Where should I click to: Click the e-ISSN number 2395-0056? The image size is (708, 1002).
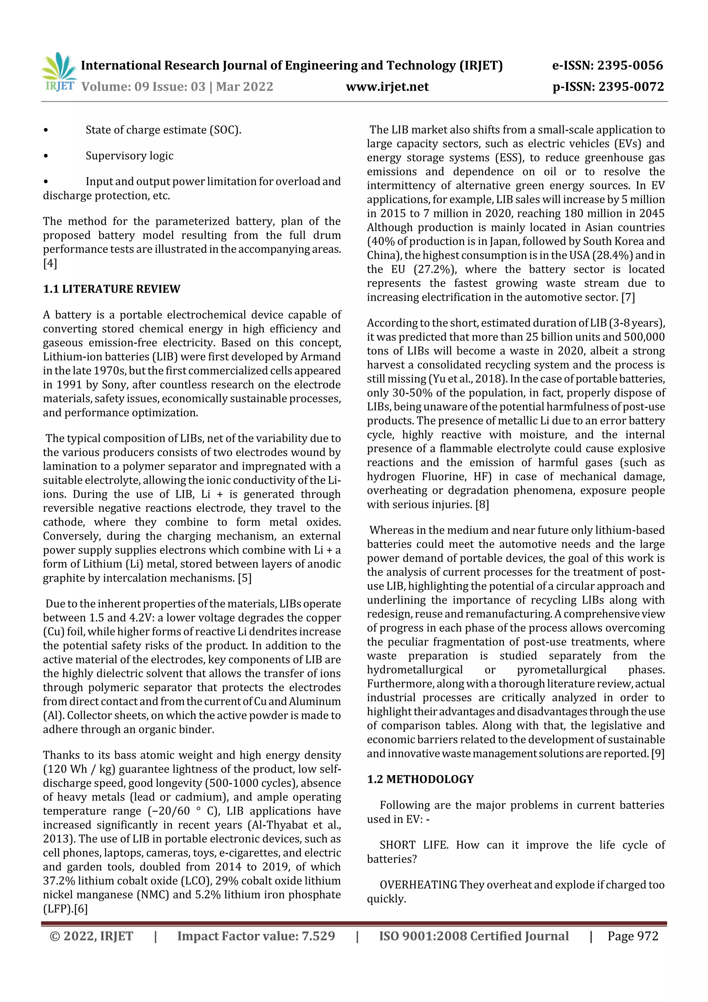(630, 65)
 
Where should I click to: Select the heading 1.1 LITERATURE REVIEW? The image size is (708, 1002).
(111, 289)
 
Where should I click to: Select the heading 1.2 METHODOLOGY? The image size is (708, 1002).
(420, 779)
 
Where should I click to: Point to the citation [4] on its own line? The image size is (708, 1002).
(50, 263)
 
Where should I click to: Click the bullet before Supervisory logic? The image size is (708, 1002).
(46, 156)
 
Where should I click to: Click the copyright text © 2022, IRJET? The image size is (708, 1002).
(91, 936)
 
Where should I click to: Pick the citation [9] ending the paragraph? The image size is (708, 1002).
(658, 754)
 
